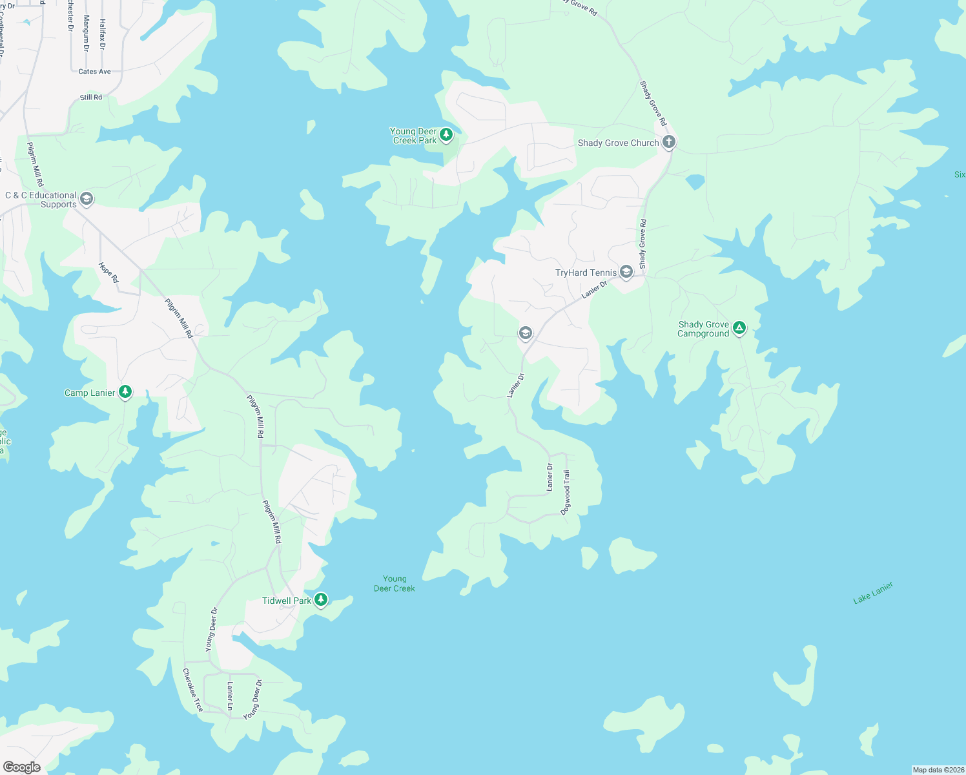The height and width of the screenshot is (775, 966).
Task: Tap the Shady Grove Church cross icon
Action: point(669,142)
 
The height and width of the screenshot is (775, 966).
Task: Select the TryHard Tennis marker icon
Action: point(626,272)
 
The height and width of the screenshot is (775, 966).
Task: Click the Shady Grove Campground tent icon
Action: point(739,328)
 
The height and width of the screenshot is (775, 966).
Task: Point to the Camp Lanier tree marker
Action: point(125,392)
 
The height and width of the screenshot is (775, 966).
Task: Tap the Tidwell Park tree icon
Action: point(320,600)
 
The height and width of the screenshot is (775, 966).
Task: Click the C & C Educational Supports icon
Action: point(87,199)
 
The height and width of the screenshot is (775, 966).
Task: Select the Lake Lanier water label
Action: point(873,592)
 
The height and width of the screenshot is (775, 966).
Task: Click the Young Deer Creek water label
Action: point(395,584)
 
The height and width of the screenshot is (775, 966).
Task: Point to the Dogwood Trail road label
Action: point(566,492)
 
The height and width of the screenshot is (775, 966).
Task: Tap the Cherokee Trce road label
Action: point(192,690)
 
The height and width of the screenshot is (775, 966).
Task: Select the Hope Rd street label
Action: point(109,273)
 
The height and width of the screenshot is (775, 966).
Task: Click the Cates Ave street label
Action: point(94,72)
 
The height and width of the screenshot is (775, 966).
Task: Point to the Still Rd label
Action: point(91,98)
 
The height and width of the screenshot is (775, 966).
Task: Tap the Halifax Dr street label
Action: point(102,34)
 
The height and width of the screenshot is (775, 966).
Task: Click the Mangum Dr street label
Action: point(87,34)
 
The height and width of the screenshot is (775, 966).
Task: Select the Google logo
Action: point(22,767)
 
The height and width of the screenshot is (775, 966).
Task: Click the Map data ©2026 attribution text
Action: point(938,770)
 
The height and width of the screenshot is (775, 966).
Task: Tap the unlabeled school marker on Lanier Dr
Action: point(526,333)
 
